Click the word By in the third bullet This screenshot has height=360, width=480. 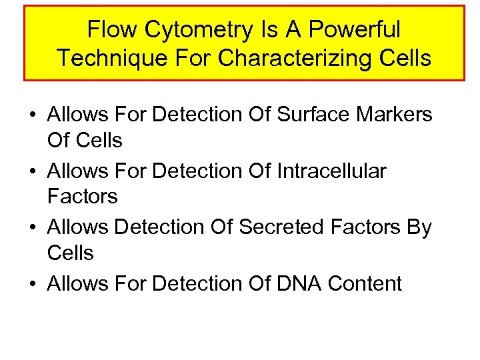419,227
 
